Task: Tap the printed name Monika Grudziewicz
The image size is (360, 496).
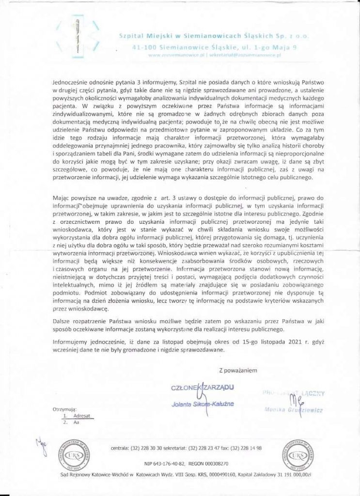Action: [x=294, y=410]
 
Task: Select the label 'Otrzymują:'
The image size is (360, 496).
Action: [x=64, y=409]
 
